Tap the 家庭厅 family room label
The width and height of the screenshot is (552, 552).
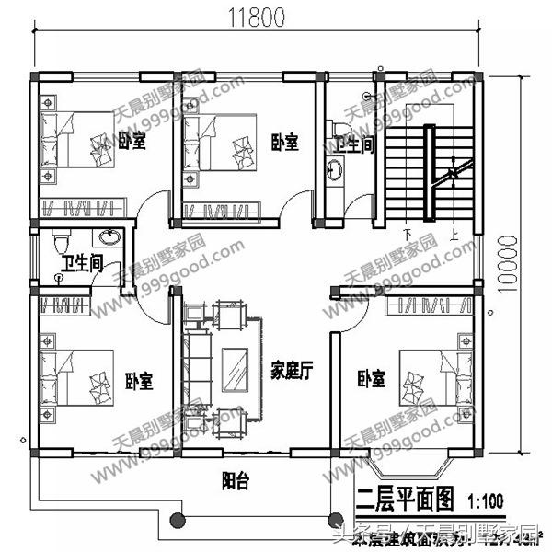293,371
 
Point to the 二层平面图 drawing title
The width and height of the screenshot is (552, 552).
405,500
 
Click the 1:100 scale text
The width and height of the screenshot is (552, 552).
485,501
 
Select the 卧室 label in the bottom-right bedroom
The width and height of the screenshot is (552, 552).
371,378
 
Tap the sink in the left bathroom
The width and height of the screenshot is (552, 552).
110,237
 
